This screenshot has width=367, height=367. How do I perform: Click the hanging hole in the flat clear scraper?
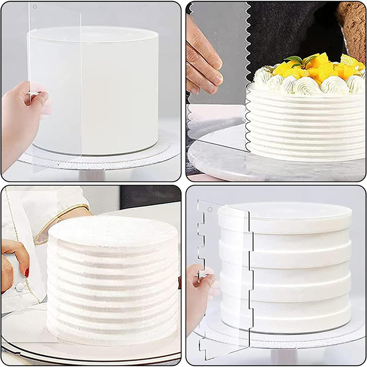(35, 7)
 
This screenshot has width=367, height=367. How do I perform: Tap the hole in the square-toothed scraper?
(210, 210)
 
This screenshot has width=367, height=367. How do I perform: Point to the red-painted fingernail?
(27, 273)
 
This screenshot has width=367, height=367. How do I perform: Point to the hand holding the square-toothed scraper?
(200, 294)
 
